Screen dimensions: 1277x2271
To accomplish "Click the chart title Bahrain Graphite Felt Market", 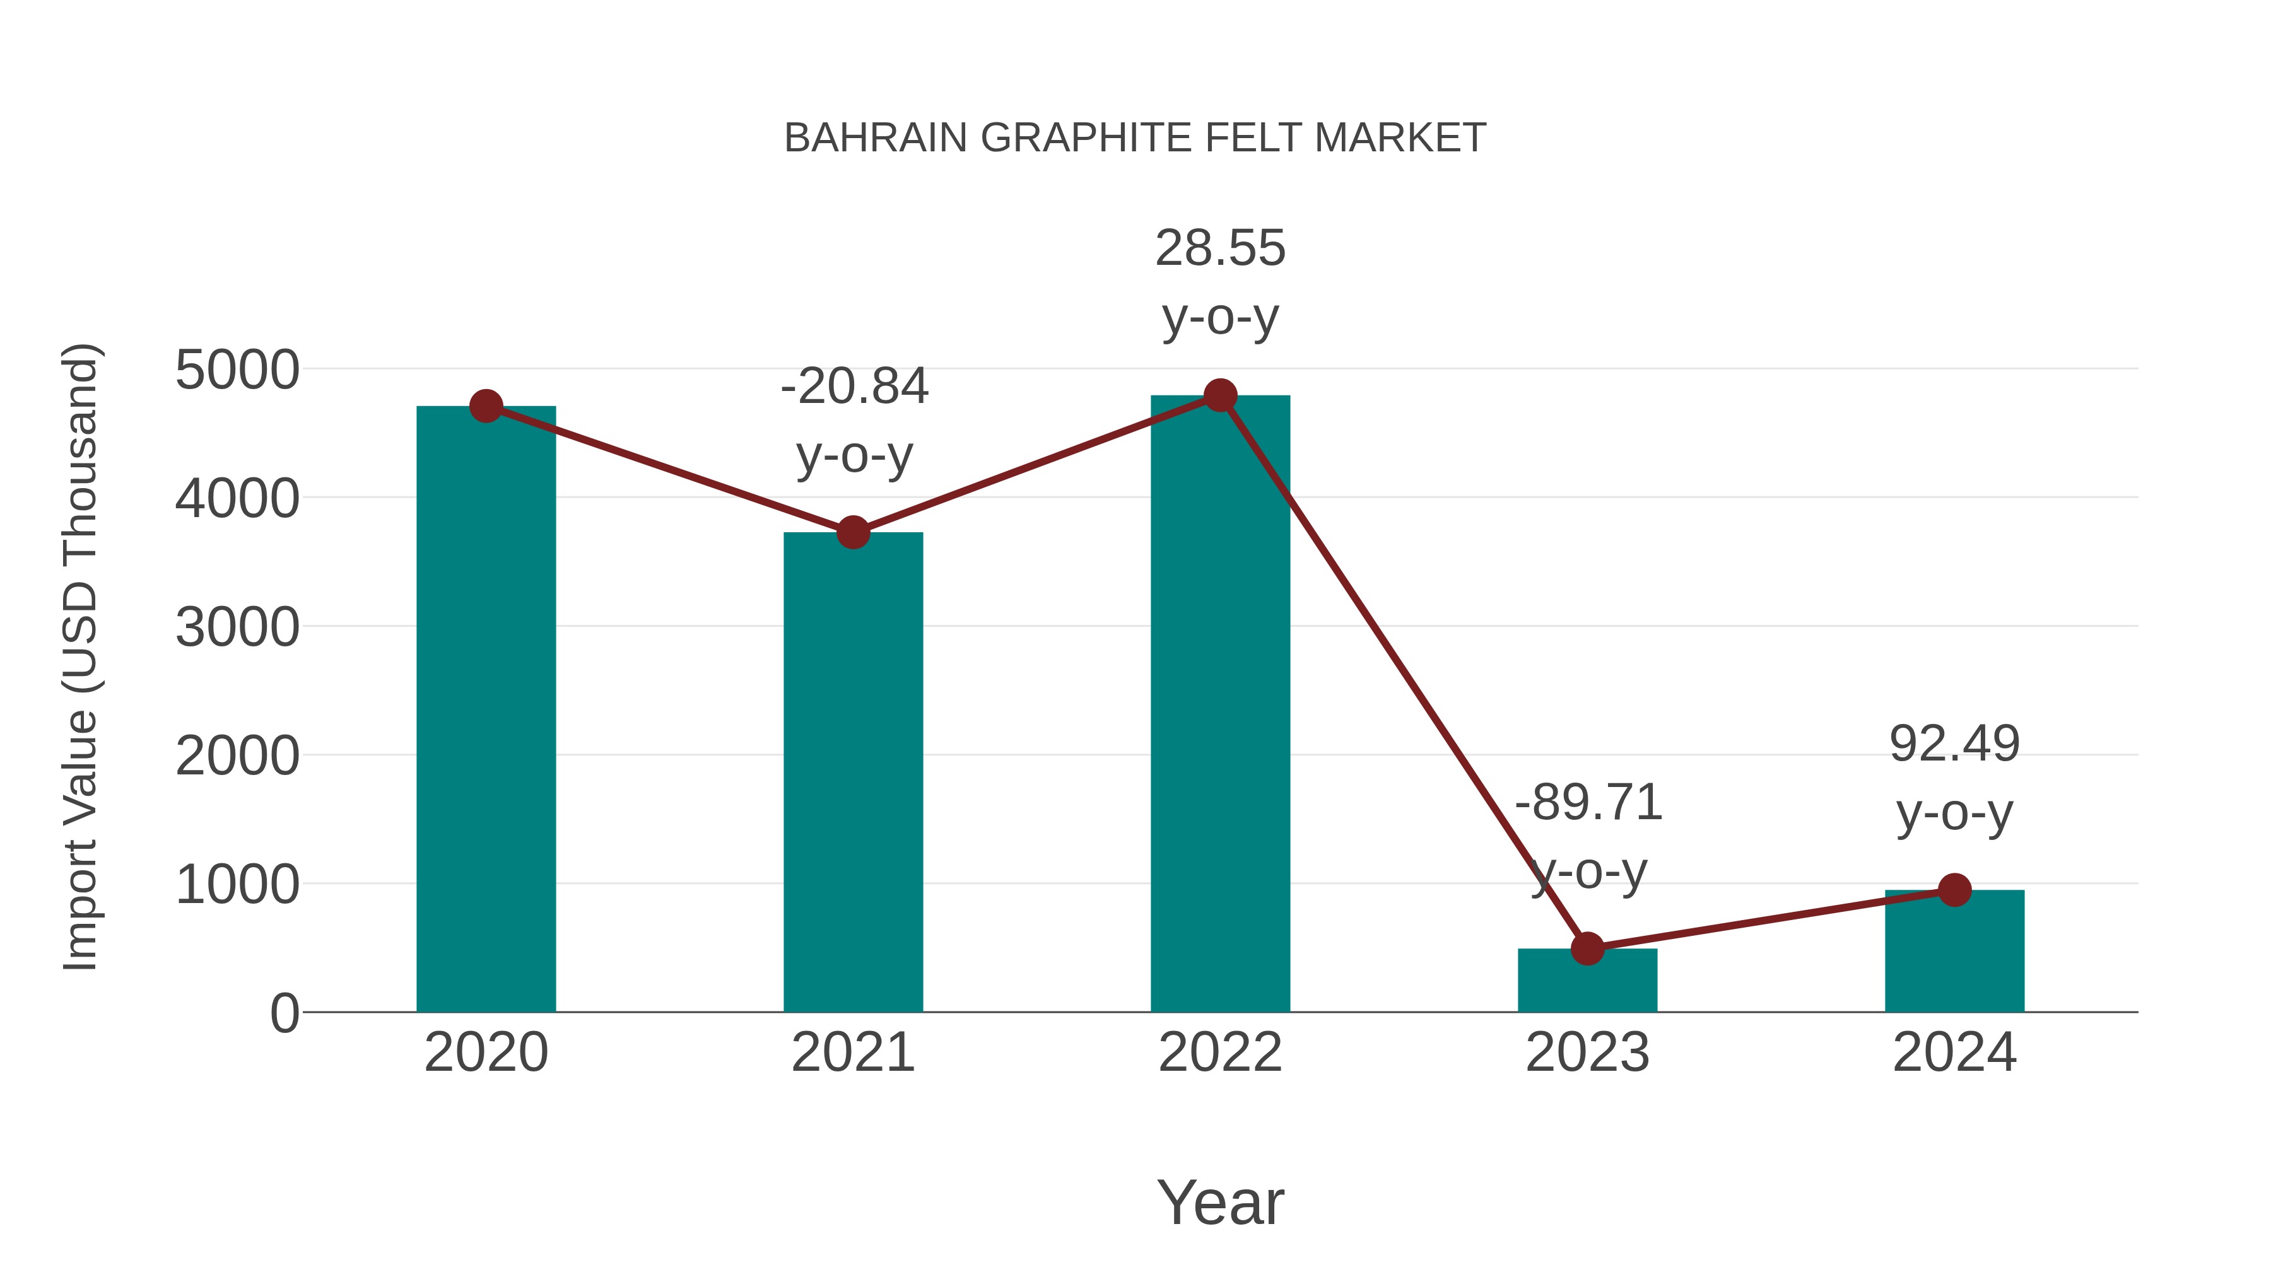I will click(1135, 138).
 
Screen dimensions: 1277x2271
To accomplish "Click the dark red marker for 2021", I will click(852, 532).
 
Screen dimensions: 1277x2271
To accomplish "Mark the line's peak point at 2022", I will click(1220, 395).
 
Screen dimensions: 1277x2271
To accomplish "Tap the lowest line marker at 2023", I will click(1587, 948).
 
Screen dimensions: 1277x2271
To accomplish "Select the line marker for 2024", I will click(1954, 890).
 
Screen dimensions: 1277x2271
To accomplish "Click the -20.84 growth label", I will click(854, 387).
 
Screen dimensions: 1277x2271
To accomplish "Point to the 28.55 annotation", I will click(1220, 248).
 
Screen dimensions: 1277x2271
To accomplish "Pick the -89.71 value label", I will click(1588, 803).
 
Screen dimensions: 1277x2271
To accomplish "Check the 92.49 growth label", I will click(1954, 744).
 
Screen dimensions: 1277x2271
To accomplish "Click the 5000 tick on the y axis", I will click(237, 370).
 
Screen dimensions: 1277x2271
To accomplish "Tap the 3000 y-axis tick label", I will click(237, 628).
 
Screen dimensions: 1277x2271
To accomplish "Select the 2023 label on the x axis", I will click(1587, 1053).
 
